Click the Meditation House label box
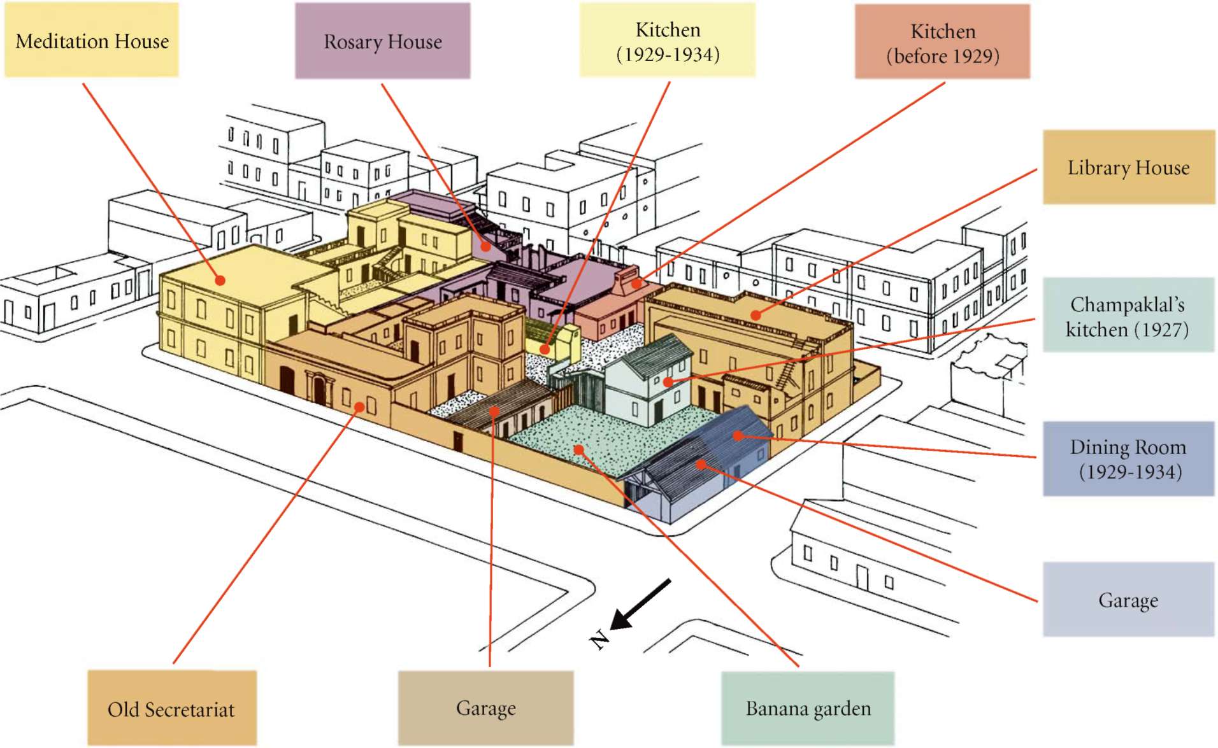[x=92, y=40]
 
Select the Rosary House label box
[x=382, y=41]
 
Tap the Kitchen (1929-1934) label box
[x=667, y=41]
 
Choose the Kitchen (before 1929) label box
[x=942, y=43]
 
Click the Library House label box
[x=1128, y=167]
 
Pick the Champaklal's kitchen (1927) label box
[x=1128, y=316]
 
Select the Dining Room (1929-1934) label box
[x=1128, y=459]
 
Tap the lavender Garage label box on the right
[x=1128, y=600]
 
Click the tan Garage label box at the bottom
[x=485, y=708]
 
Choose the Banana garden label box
[x=808, y=709]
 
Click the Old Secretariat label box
[x=171, y=709]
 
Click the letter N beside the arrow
[x=599, y=639]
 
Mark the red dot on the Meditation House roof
[x=220, y=280]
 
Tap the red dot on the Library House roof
[x=756, y=314]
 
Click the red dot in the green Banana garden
[x=578, y=450]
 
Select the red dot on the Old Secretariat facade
[x=360, y=407]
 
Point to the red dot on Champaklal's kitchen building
[x=668, y=382]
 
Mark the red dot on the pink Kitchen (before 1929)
[x=636, y=283]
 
